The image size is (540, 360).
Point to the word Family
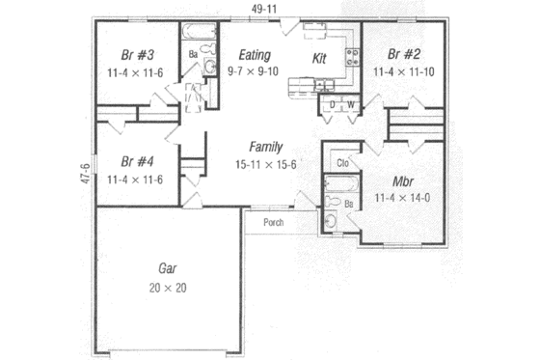(x=265, y=148)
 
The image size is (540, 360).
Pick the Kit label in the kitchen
(x=320, y=59)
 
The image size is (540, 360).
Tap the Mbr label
(x=403, y=181)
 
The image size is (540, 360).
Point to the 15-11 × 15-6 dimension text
(x=265, y=165)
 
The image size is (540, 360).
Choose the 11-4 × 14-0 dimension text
(x=403, y=199)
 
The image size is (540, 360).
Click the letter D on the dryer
(x=332, y=103)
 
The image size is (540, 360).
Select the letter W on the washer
(x=350, y=103)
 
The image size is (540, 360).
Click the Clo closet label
(x=341, y=162)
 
